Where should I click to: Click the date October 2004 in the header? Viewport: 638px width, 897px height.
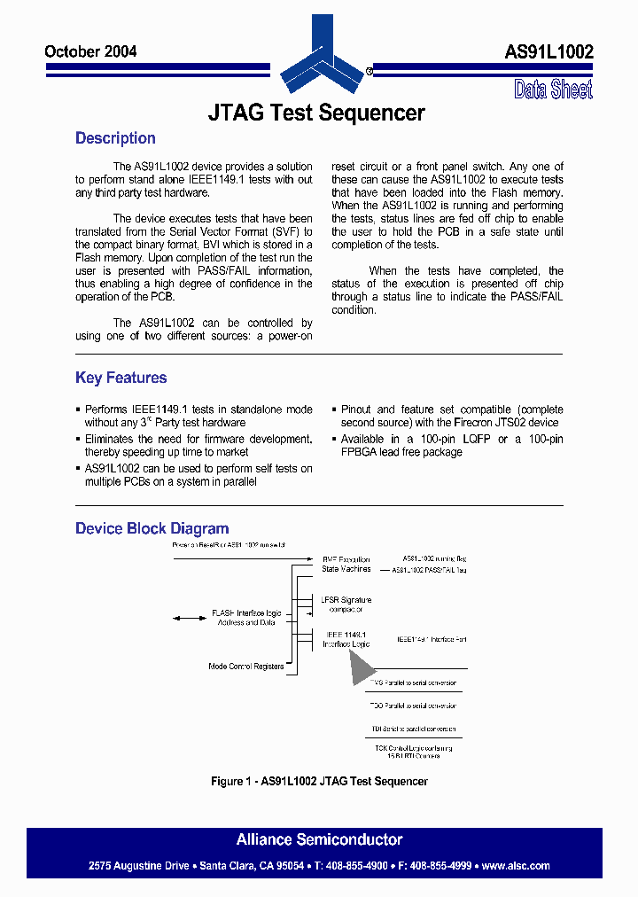coord(90,51)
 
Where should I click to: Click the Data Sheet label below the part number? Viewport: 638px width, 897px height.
coord(553,90)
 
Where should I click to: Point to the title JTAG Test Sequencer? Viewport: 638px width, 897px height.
coord(316,113)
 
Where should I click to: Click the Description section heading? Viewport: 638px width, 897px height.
coord(115,138)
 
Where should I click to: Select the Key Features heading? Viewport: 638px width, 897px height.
coord(121,378)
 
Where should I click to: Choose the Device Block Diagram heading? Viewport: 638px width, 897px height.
coord(152,528)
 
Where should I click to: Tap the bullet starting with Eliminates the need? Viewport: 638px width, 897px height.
coord(198,445)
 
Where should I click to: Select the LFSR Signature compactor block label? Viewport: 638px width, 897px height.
coord(346,604)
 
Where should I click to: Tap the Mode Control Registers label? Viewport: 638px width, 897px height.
coord(245,666)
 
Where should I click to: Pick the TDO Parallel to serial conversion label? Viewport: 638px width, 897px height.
coord(414,706)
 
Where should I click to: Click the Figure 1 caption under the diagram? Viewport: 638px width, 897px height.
coord(319,781)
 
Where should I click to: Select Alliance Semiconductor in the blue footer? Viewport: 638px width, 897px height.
coord(319,839)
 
